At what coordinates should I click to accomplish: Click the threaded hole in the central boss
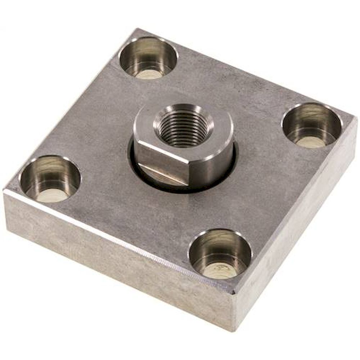point(183,129)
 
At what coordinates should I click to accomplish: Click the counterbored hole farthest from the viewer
point(148,58)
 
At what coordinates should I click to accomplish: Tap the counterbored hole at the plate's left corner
point(50,179)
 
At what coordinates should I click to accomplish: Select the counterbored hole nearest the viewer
point(220,254)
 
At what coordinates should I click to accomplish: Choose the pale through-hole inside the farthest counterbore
point(150,74)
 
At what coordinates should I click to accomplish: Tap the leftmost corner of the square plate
point(4,193)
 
